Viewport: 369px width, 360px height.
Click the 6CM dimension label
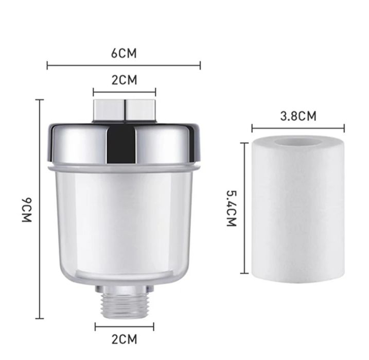click(124, 53)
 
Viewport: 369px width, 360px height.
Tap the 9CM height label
click(27, 210)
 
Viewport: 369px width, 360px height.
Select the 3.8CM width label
click(298, 116)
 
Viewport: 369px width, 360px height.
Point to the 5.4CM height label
click(231, 208)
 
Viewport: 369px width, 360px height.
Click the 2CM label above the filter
click(124, 80)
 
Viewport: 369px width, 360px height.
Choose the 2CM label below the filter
click(124, 339)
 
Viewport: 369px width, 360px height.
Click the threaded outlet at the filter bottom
click(124, 304)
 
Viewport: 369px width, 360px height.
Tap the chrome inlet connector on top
click(125, 111)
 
